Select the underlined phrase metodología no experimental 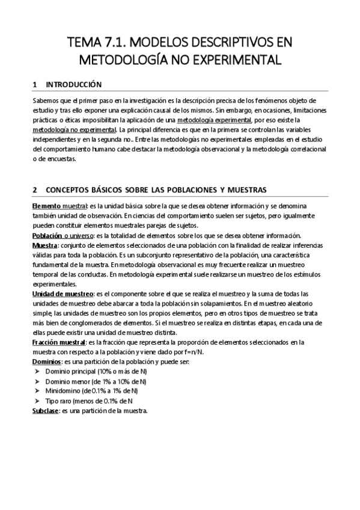pos(75,129)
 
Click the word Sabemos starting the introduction pos(46,100)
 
